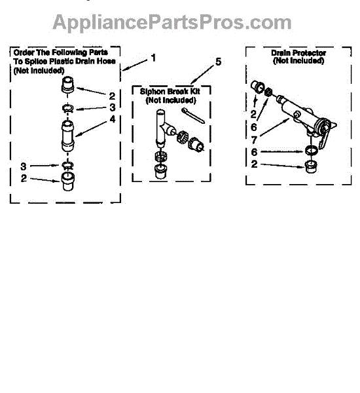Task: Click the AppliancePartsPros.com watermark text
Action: pos(172,23)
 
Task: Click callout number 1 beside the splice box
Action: pos(153,58)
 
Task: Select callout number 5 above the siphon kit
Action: pos(218,62)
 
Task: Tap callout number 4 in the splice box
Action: pos(113,119)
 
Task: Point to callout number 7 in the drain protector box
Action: pos(254,140)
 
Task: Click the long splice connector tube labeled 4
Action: pos(67,136)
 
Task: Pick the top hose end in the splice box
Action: pos(67,85)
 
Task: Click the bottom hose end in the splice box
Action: pos(67,181)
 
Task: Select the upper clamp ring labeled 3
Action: pos(67,109)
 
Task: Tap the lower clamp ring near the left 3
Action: pos(67,166)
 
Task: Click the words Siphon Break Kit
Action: pos(170,92)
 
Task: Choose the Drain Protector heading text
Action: pos(298,53)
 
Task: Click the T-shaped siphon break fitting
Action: pos(164,128)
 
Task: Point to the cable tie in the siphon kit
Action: pos(193,115)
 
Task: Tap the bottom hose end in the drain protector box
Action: pos(311,166)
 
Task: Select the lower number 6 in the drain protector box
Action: pos(254,152)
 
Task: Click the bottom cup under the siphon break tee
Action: pos(160,171)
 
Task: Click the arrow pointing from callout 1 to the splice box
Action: pos(135,65)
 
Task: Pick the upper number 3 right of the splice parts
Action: pos(113,107)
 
